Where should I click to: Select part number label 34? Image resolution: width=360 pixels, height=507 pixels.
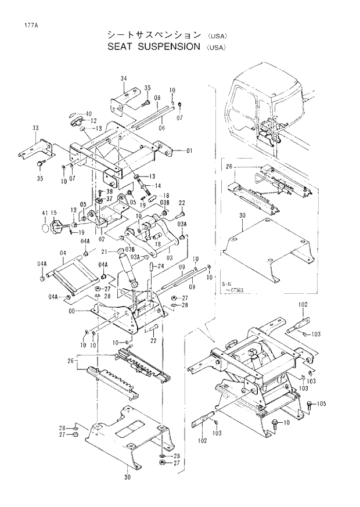click(x=124, y=78)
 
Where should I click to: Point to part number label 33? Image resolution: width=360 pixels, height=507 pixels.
click(x=35, y=128)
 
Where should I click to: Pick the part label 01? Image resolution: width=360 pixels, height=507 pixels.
click(x=189, y=150)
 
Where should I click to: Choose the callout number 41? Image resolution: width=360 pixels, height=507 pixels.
click(x=44, y=214)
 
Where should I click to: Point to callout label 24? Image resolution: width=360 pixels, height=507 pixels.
click(x=161, y=267)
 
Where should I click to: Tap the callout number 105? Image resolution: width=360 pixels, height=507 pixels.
click(x=321, y=403)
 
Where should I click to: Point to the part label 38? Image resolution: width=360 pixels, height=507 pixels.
click(x=109, y=191)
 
